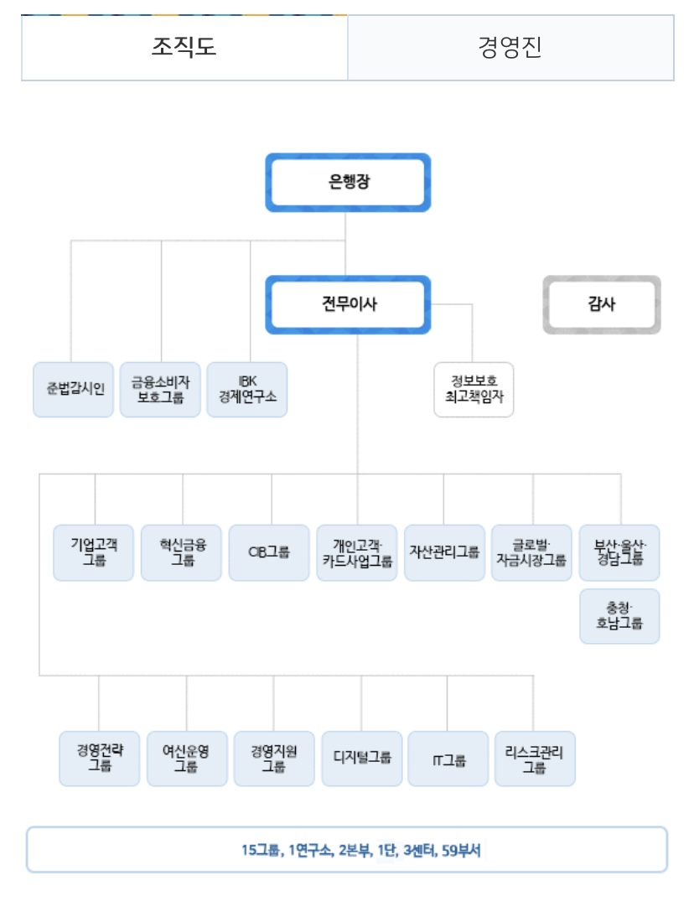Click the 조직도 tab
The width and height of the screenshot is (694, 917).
[184, 47]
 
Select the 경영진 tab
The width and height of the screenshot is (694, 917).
[510, 47]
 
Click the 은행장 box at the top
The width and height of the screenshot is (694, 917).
[348, 182]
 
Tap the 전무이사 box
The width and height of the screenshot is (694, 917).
[348, 304]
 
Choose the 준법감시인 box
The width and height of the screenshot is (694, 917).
[74, 390]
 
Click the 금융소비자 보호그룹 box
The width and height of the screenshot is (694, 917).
[160, 390]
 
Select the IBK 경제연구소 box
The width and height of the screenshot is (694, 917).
[247, 390]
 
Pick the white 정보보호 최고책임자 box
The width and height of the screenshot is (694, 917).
[474, 390]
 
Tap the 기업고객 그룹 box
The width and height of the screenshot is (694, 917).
[94, 552]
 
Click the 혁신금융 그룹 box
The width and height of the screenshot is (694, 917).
[181, 552]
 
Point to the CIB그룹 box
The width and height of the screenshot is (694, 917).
[269, 552]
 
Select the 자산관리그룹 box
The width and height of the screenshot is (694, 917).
[444, 552]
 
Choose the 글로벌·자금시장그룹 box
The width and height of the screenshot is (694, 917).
[531, 552]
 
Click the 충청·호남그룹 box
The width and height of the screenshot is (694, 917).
[619, 616]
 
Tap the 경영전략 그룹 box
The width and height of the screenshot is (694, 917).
[99, 759]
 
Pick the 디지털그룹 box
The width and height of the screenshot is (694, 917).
[361, 759]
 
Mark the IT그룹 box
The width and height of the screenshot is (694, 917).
[448, 759]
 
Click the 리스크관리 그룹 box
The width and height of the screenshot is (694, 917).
[535, 759]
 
